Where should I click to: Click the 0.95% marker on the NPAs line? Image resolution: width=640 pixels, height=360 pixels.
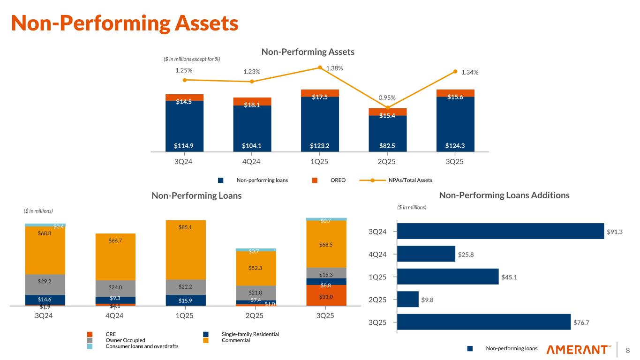(x=388, y=108)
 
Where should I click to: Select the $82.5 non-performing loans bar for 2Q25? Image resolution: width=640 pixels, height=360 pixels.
(x=388, y=134)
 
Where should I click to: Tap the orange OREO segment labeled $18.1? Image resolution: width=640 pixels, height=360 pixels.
(x=252, y=102)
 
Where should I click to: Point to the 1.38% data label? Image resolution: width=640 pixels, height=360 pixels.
(x=334, y=68)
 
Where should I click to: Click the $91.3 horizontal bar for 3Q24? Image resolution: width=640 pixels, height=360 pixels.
(x=500, y=231)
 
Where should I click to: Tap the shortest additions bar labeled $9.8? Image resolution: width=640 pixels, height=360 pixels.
(x=408, y=299)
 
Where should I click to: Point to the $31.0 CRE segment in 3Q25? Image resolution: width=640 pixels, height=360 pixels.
(x=326, y=296)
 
